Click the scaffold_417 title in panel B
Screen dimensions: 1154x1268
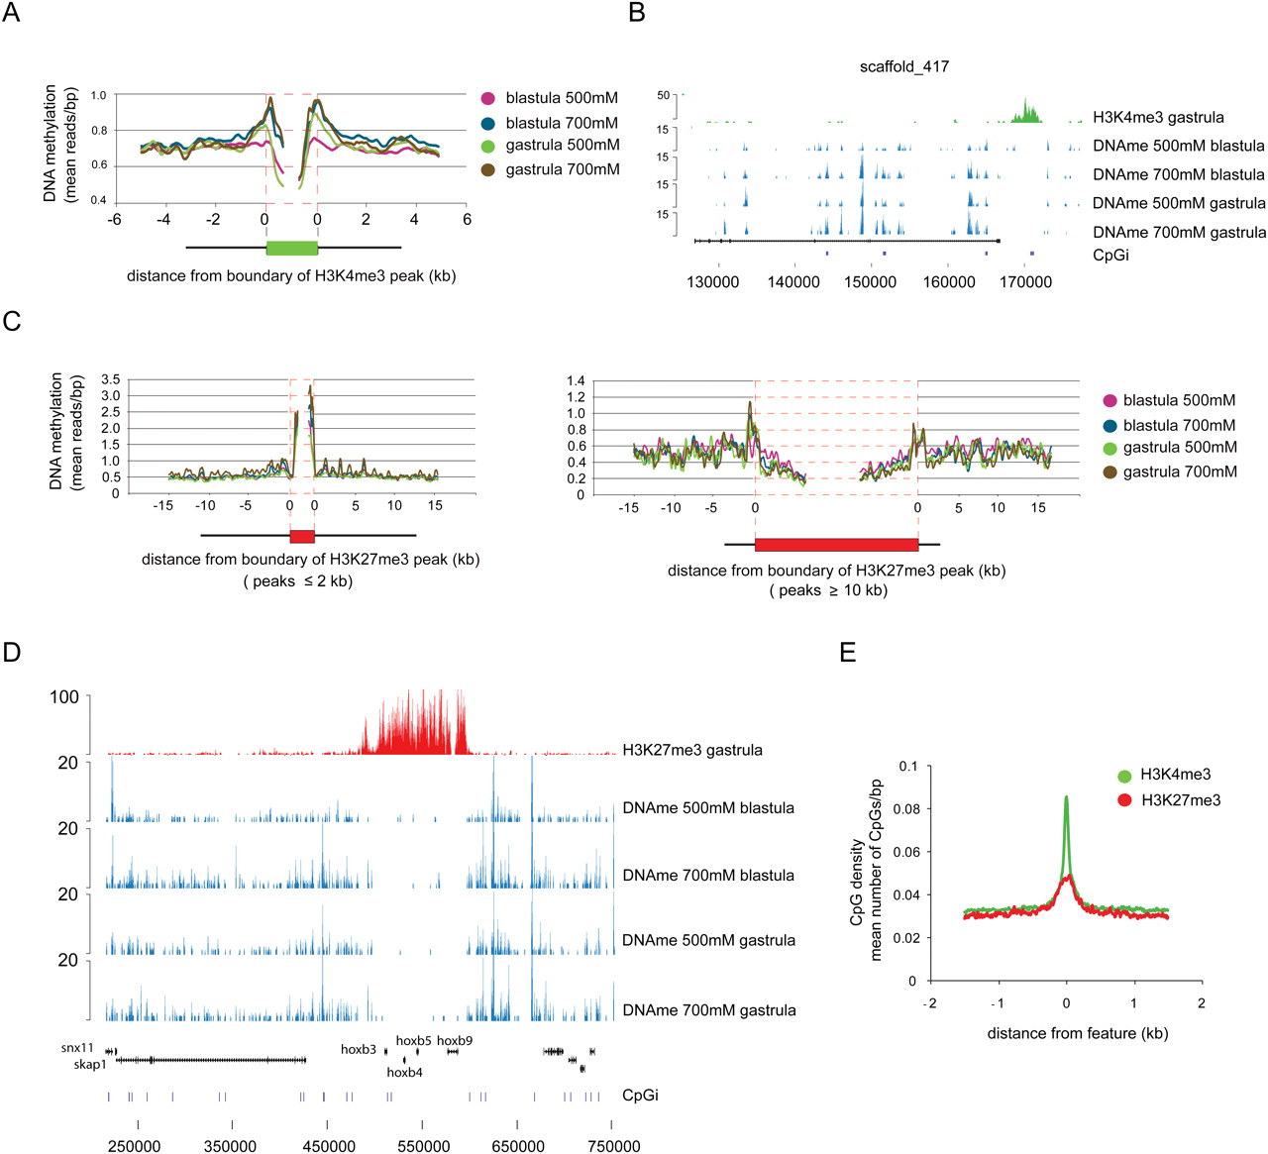903,66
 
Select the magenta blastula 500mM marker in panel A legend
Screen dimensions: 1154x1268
487,98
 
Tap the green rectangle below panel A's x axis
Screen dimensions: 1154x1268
291,248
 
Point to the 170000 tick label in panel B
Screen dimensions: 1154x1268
1025,282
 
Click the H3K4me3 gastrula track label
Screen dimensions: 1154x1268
1157,117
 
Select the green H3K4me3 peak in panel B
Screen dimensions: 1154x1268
1026,111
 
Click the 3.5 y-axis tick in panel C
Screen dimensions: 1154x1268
111,379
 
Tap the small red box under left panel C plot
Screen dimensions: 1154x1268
301,536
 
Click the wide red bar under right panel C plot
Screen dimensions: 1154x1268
836,544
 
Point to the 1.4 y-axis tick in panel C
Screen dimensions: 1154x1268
576,381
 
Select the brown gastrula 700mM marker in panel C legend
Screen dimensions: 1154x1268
1109,472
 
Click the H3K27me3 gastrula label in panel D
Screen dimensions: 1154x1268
691,750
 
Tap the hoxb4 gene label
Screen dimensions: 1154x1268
404,1073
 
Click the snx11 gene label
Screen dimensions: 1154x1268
77,1048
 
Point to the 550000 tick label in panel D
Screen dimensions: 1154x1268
423,1146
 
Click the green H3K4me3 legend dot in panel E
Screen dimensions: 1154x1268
1123,776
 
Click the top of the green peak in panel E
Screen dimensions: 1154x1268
1066,797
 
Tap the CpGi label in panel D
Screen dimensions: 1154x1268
640,1095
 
